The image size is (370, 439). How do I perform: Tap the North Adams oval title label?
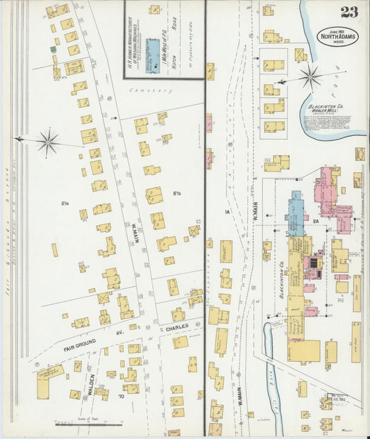(338, 35)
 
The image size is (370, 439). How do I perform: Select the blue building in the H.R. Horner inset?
(151, 51)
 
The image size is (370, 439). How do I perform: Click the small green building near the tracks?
(53, 50)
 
